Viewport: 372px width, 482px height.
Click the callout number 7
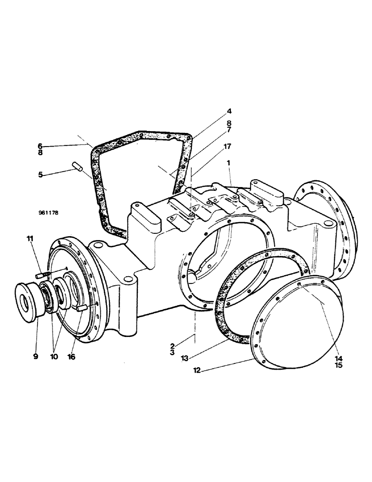[x=229, y=130]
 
